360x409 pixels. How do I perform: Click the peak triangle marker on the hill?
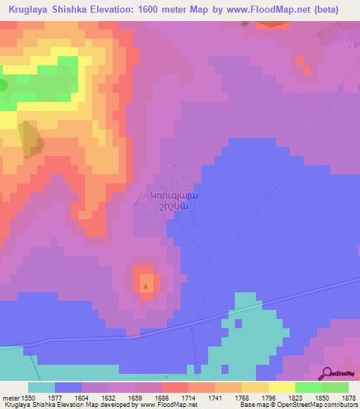(146, 286)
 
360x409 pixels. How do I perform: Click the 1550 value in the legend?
(28, 398)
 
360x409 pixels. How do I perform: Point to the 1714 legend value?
(170, 398)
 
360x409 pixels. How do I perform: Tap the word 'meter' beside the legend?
(8, 398)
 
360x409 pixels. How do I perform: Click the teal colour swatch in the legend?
(41, 387)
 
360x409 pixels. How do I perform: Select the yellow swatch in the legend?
(282, 387)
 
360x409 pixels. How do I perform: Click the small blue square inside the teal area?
(238, 323)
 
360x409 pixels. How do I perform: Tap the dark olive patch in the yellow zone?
(31, 138)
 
